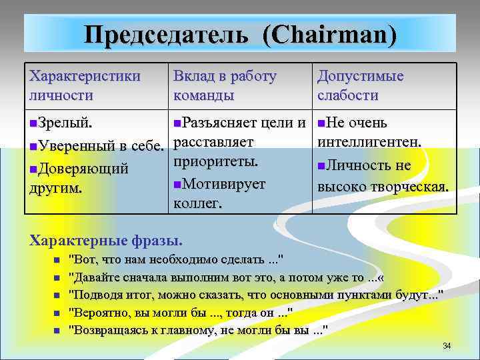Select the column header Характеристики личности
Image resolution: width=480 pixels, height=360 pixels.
pos(85,85)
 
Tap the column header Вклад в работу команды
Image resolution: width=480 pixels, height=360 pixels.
pos(224,85)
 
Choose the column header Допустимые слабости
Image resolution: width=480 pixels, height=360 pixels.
pos(361,85)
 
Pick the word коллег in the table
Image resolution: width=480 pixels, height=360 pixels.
pos(197,203)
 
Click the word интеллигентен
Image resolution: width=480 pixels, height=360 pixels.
pos(369,143)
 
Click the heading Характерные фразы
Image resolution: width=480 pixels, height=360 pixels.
pos(106,239)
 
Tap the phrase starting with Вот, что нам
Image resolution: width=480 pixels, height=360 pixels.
pos(176,259)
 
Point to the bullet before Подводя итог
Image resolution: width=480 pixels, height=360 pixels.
pos(58,296)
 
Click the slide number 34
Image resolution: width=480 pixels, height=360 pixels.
pos(447,345)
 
